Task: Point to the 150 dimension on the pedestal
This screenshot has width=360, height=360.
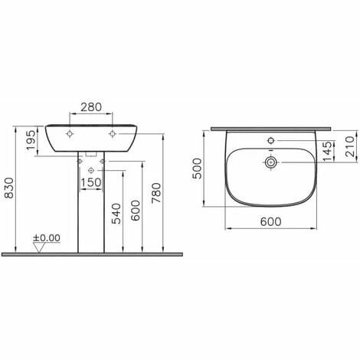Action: [x=91, y=182]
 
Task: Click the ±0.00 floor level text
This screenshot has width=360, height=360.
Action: [x=48, y=239]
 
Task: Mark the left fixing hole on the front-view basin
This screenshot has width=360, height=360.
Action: [x=71, y=133]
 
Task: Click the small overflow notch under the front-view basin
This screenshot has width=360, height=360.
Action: [x=92, y=156]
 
